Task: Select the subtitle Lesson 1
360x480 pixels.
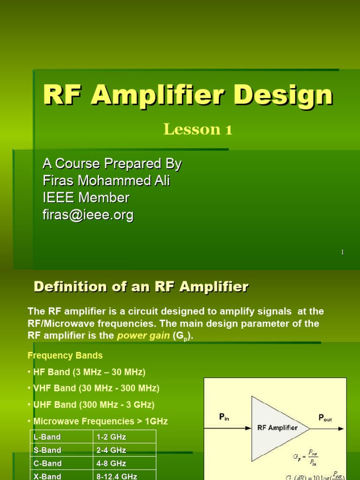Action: point(198,130)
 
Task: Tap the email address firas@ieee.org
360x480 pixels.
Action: point(88,215)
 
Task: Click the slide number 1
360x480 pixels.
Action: point(343,252)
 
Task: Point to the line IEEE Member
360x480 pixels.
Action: point(86,198)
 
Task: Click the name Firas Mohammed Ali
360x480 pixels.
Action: point(106,181)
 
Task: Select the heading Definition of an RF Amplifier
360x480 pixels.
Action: point(141,287)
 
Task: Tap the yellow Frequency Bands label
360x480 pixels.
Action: point(65,355)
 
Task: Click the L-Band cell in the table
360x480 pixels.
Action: point(47,437)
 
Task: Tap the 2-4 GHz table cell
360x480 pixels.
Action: point(111,450)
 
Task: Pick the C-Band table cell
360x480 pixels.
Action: point(47,463)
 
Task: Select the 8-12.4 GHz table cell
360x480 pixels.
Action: point(117,476)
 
